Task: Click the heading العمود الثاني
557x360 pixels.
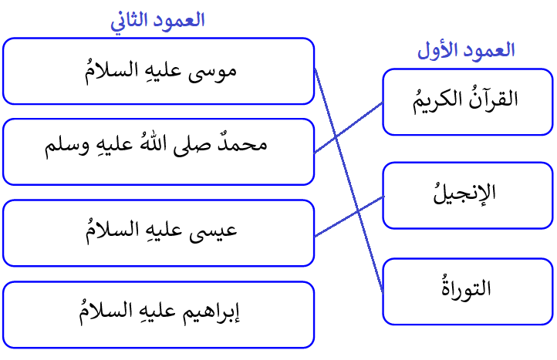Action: (x=157, y=21)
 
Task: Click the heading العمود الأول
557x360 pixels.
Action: (x=466, y=50)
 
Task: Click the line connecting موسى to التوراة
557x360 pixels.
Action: (x=349, y=180)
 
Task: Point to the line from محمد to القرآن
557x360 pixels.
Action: (x=349, y=127)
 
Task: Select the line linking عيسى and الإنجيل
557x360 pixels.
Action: (x=349, y=216)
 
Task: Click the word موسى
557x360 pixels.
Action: (x=212, y=72)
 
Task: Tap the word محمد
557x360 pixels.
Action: (x=242, y=144)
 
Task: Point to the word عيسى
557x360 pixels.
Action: (x=213, y=231)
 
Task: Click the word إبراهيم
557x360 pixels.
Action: (x=211, y=312)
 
